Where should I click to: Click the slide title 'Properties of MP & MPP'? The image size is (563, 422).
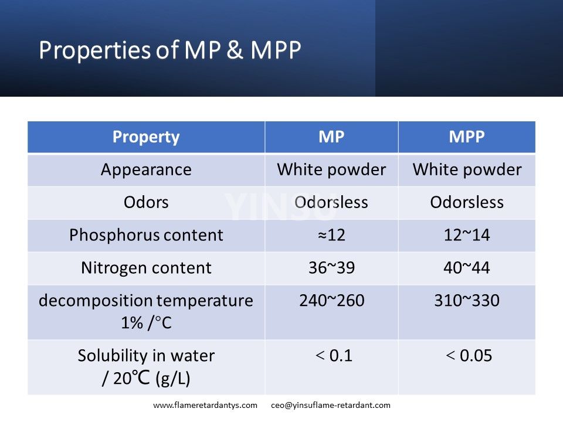click(170, 51)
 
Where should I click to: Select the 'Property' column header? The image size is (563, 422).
click(146, 137)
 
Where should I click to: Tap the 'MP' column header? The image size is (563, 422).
click(331, 137)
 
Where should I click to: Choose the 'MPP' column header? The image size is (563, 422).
click(467, 137)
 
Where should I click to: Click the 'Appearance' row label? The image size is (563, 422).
click(146, 170)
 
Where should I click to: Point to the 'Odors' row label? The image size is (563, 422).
click(146, 203)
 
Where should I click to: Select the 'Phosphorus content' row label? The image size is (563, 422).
click(146, 235)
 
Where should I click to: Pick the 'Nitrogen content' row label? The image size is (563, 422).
click(146, 268)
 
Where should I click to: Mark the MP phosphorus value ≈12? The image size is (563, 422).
click(331, 235)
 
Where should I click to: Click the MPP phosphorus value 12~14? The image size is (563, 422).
click(467, 235)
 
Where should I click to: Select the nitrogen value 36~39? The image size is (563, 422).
click(331, 268)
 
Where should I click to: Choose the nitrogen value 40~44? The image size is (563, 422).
click(467, 268)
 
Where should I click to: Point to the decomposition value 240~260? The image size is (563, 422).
click(331, 301)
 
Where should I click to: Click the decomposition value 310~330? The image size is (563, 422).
click(467, 301)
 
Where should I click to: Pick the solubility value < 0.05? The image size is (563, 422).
click(467, 356)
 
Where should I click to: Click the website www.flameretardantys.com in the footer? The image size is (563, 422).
click(205, 405)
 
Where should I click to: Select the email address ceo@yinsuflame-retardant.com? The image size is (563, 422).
click(331, 405)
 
